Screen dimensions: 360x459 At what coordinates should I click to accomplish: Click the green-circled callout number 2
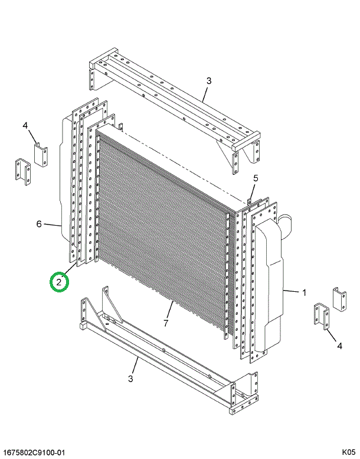59,282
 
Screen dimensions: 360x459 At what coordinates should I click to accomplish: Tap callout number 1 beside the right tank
304,292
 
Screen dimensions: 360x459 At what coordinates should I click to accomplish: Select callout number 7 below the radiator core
166,323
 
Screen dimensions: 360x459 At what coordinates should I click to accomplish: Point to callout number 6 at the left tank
39,224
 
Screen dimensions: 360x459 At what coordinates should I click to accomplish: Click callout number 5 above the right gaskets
256,178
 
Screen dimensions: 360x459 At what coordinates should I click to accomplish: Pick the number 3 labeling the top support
209,81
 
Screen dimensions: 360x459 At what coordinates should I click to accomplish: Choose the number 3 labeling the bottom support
130,379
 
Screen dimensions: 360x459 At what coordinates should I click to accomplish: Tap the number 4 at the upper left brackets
25,126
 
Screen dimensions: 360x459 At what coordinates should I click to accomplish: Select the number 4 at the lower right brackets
339,346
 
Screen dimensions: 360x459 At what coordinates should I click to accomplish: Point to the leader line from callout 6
53,225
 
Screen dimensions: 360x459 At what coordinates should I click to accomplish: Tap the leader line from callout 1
292,291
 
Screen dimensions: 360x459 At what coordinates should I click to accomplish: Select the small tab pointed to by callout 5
250,201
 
